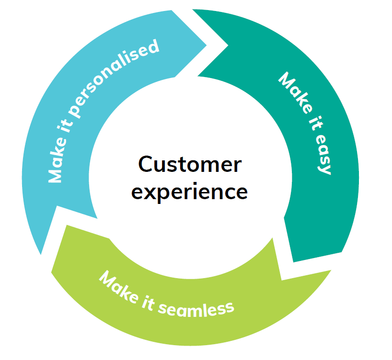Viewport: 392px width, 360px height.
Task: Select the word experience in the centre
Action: [x=190, y=192]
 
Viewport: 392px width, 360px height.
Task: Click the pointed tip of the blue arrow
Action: [x=207, y=46]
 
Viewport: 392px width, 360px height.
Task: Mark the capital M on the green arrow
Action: [x=107, y=278]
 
